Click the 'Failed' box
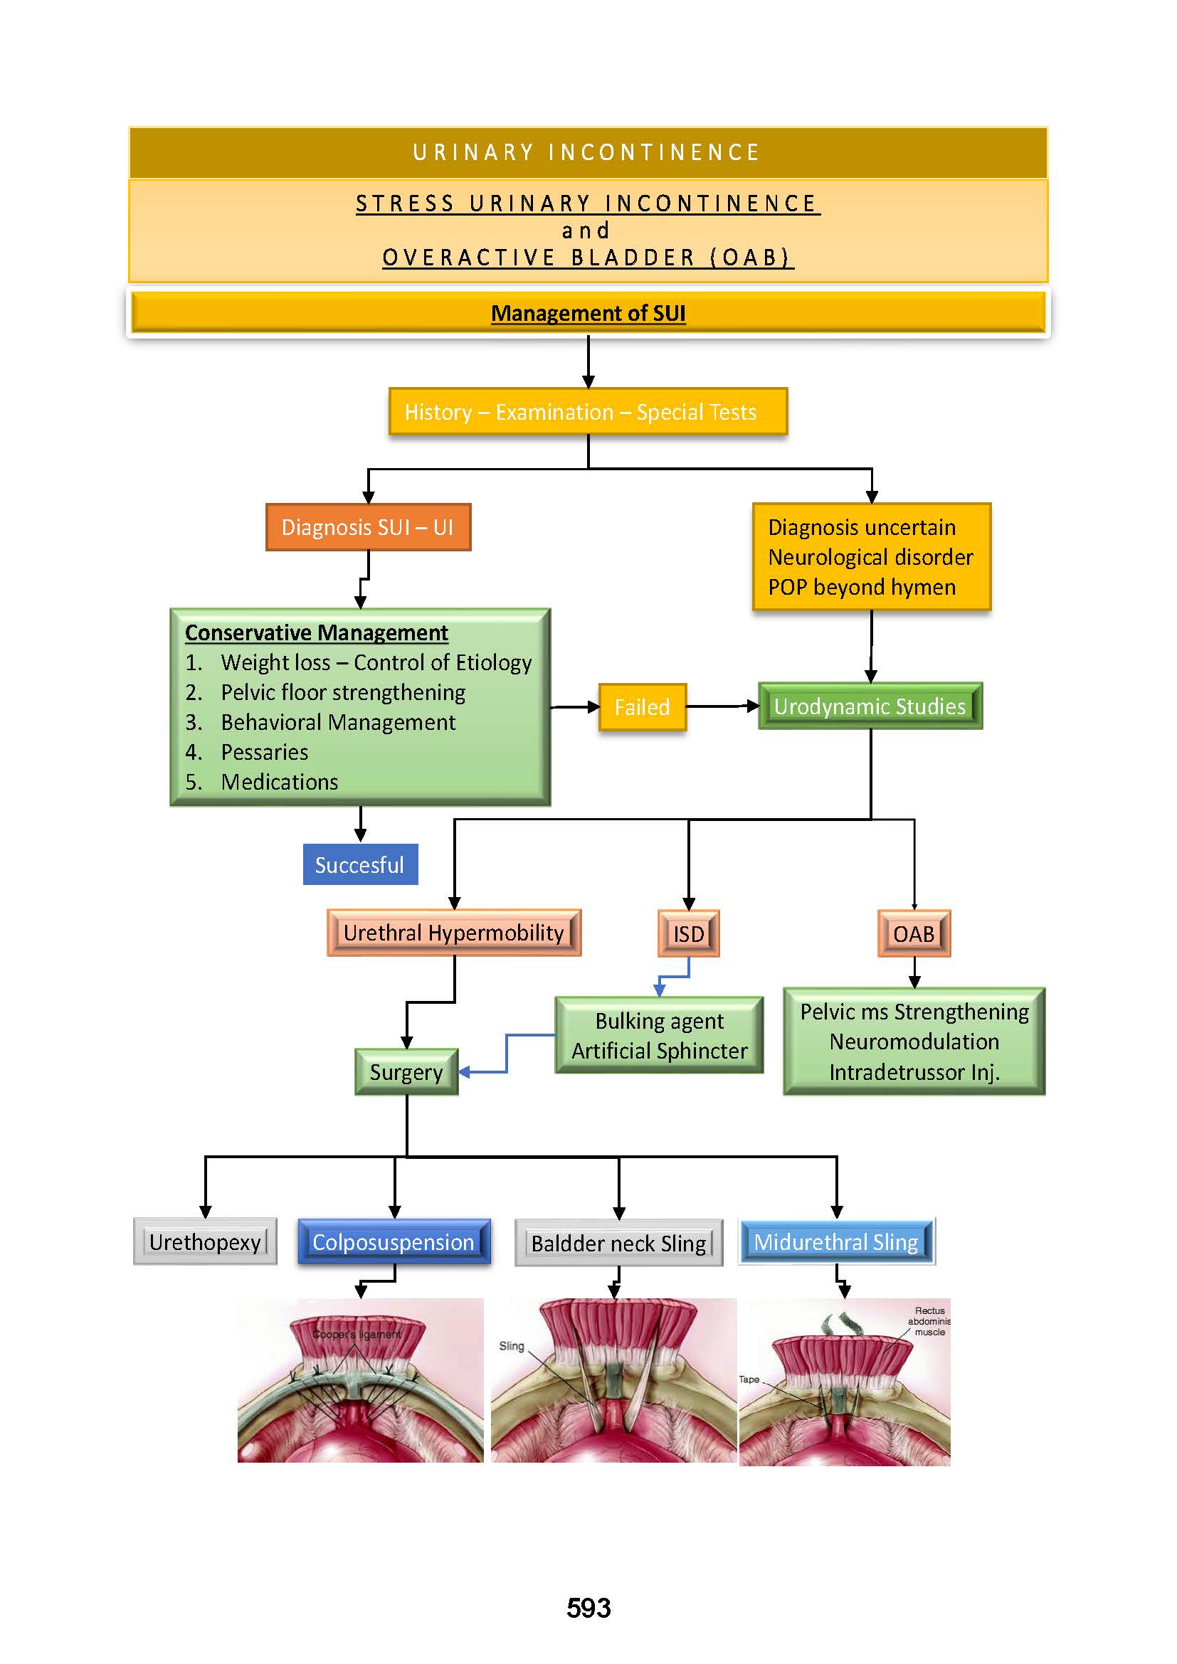(642, 706)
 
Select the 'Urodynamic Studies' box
(870, 706)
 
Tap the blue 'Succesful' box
(359, 864)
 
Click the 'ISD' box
(689, 933)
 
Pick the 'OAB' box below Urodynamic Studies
(914, 933)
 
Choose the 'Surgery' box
(406, 1072)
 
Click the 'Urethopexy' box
(205, 1242)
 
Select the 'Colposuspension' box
(394, 1242)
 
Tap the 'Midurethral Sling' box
(836, 1242)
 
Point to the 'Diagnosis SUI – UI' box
(367, 527)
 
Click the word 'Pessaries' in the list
(265, 752)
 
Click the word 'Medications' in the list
(280, 782)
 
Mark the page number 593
(588, 1609)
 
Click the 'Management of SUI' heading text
(588, 313)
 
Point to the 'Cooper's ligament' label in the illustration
(357, 1334)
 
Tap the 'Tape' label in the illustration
(749, 1379)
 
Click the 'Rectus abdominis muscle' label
(930, 1321)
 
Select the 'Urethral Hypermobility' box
(454, 933)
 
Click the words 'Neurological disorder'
(870, 557)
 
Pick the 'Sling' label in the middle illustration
(512, 1346)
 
